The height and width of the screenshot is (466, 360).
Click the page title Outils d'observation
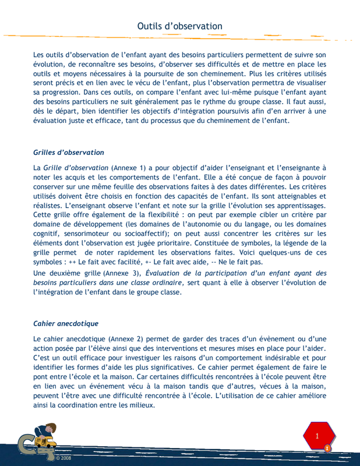coord(179,26)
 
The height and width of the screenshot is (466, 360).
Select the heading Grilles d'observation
coord(69,153)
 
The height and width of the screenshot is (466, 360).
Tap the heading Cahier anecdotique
coord(66,323)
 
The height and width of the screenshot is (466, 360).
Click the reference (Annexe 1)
coord(128,168)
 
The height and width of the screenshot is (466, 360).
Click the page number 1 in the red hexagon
coord(317,436)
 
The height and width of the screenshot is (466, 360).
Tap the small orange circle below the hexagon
coord(327,448)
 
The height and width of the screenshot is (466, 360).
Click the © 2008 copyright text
coord(63,458)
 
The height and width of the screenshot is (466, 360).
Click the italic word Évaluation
coord(167,273)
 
